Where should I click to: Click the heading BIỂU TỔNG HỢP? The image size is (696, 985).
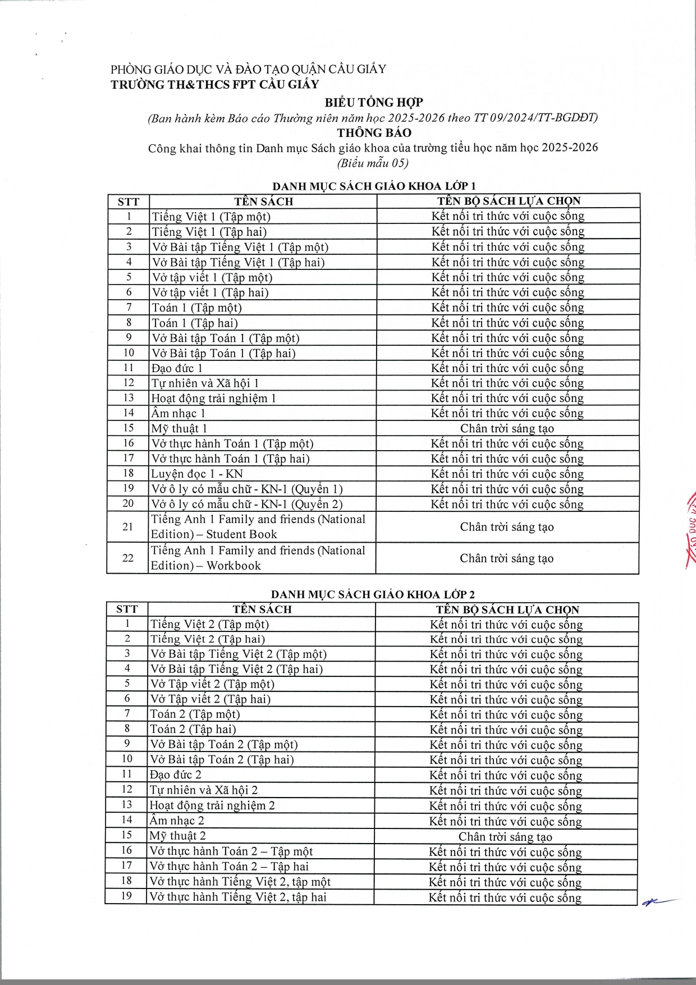click(x=374, y=102)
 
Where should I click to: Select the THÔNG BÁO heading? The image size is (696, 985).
click(x=374, y=133)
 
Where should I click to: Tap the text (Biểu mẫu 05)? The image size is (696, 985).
click(x=373, y=163)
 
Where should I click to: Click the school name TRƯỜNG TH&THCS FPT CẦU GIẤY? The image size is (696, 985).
click(x=214, y=85)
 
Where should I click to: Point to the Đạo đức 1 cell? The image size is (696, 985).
click(x=177, y=368)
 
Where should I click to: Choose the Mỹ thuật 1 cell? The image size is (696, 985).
click(x=179, y=429)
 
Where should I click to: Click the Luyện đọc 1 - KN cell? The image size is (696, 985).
click(x=196, y=474)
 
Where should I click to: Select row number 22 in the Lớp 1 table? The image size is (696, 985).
click(x=128, y=558)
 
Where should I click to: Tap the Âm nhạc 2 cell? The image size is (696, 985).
click(x=177, y=821)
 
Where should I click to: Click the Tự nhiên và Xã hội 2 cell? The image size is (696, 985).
click(x=204, y=790)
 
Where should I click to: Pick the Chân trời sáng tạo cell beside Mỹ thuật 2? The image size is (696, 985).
click(x=505, y=836)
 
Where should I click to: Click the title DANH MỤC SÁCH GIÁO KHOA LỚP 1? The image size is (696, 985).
click(x=374, y=186)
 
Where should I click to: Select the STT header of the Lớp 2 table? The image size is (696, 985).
click(x=127, y=610)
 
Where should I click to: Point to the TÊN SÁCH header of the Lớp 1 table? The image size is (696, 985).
click(x=263, y=201)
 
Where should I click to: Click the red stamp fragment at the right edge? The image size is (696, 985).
click(x=689, y=528)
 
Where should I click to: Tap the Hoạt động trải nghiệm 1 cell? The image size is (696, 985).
click(x=213, y=398)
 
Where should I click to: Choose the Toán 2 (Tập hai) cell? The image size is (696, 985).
click(x=193, y=729)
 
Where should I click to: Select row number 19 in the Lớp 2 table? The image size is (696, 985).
click(x=126, y=896)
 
